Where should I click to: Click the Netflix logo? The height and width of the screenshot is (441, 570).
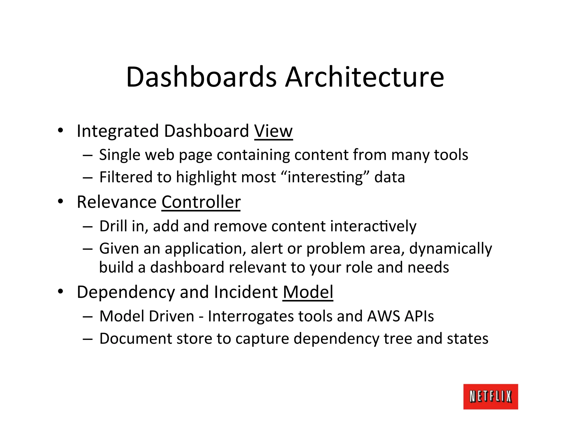pos(490,396)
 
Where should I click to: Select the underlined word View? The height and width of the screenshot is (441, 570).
pos(273,131)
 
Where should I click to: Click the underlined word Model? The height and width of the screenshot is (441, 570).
pos(308,292)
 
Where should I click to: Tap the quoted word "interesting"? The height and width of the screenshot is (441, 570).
pos(325,177)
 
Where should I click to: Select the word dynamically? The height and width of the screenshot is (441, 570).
pos(450,249)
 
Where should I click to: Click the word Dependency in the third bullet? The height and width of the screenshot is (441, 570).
pos(126,292)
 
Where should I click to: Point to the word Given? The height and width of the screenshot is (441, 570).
pos(119,248)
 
